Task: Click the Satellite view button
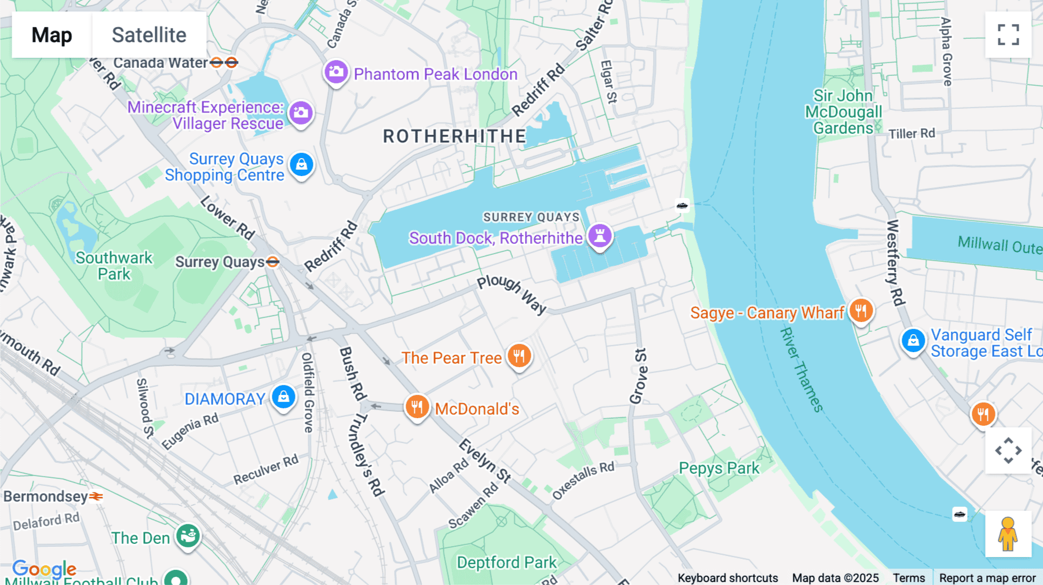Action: click(x=149, y=35)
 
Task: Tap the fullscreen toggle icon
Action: click(x=1008, y=35)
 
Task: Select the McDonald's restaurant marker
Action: click(x=417, y=407)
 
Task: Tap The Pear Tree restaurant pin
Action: click(x=519, y=356)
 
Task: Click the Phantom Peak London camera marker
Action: click(x=336, y=72)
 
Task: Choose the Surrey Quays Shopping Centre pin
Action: click(x=301, y=165)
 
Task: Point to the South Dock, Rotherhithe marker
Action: click(x=600, y=236)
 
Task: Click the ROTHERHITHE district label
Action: click(x=454, y=137)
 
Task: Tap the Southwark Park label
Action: click(x=114, y=266)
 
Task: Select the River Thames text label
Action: click(x=801, y=370)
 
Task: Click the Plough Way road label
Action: click(x=512, y=294)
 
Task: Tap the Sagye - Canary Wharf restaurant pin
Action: click(x=861, y=311)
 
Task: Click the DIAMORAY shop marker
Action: click(x=283, y=397)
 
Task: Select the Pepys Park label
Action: click(x=719, y=468)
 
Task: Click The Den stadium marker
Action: click(x=188, y=536)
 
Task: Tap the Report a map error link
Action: click(x=987, y=577)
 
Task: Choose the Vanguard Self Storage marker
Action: click(x=913, y=341)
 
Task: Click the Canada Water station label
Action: click(x=161, y=63)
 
